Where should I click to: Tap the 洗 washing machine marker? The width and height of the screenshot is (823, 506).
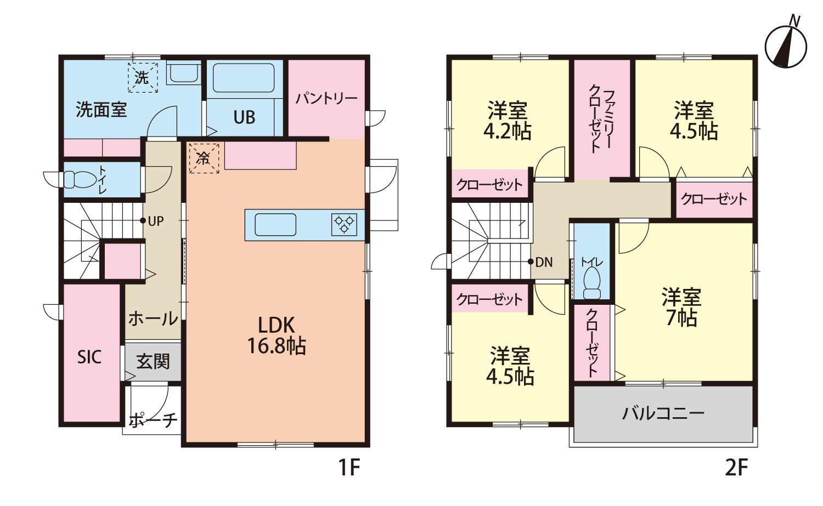click(143, 77)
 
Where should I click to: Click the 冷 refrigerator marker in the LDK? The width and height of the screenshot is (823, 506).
click(204, 158)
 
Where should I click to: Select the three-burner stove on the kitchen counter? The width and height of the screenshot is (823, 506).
click(344, 224)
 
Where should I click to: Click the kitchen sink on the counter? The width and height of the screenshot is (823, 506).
click(275, 225)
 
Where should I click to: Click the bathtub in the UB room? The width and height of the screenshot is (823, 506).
click(244, 78)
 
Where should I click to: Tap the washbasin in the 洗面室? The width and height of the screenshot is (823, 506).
click(183, 72)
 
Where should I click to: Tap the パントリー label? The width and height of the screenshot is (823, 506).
click(326, 99)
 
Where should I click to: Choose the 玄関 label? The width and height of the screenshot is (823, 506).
click(153, 362)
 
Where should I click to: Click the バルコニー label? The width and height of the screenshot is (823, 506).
click(663, 414)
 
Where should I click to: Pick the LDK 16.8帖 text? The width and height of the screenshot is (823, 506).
click(277, 336)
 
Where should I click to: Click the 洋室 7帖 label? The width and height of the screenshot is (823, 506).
click(681, 308)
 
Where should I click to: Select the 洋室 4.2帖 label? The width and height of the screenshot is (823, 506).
click(508, 121)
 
